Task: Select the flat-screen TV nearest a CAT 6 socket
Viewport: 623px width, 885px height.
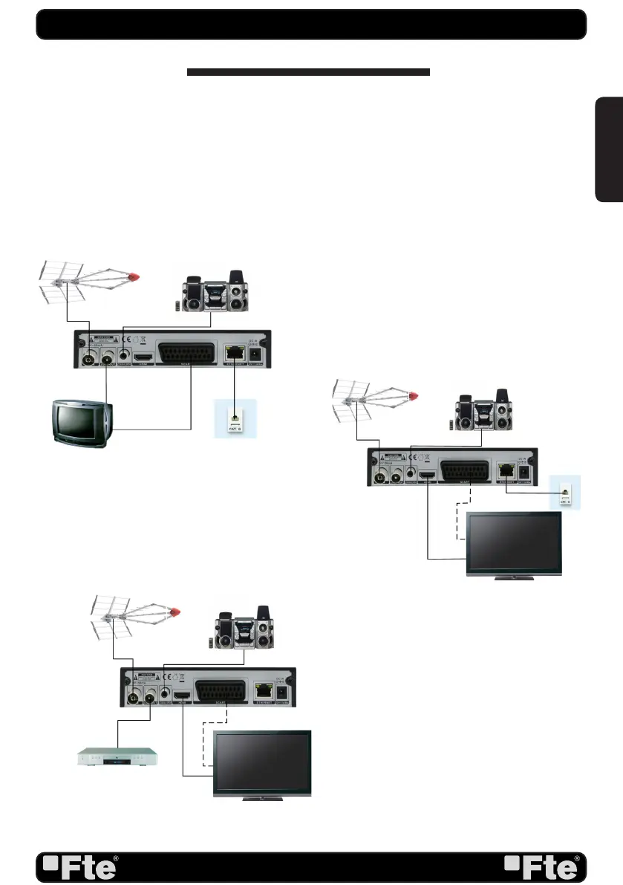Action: pyautogui.click(x=513, y=544)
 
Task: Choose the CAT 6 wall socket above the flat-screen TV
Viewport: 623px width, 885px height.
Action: pyautogui.click(x=566, y=492)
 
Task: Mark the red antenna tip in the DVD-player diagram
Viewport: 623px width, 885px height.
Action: pyautogui.click(x=177, y=611)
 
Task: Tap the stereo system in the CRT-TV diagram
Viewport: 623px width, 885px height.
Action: pyautogui.click(x=215, y=290)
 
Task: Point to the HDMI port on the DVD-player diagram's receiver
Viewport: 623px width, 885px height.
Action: pyautogui.click(x=180, y=696)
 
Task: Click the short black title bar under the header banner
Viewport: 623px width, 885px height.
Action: pyautogui.click(x=308, y=73)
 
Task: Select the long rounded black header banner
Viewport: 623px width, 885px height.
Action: pyautogui.click(x=311, y=24)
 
